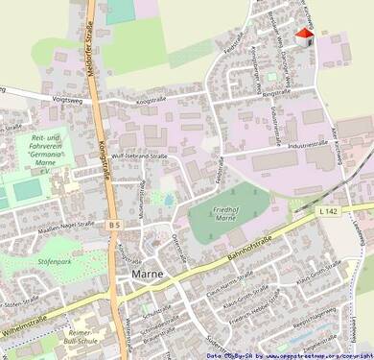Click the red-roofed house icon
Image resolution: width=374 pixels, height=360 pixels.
tap(304, 37)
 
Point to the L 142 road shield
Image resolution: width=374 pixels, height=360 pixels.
tap(329, 210)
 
